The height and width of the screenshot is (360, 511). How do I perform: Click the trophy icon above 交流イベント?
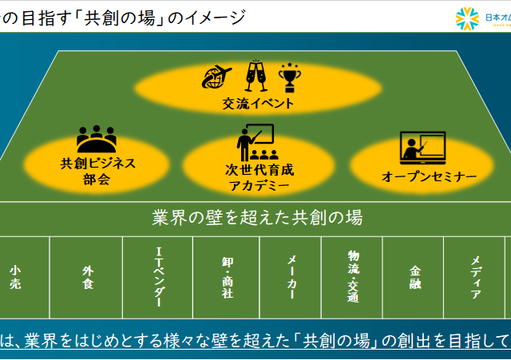(x=287, y=77)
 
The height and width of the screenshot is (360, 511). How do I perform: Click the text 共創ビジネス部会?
(x=97, y=171)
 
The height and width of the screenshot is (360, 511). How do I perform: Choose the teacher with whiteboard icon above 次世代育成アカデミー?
(x=255, y=142)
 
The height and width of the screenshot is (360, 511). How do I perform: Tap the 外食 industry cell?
(x=87, y=276)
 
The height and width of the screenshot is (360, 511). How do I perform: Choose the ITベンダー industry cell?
(x=159, y=276)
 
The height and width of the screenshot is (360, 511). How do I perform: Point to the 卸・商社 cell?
(x=227, y=276)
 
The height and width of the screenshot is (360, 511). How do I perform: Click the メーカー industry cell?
(x=291, y=276)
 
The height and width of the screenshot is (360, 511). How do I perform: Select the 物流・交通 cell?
(x=353, y=276)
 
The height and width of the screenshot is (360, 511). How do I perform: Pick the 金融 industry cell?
(x=414, y=276)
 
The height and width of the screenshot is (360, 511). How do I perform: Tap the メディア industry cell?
(x=475, y=276)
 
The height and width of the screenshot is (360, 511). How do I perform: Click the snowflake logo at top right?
(x=466, y=18)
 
